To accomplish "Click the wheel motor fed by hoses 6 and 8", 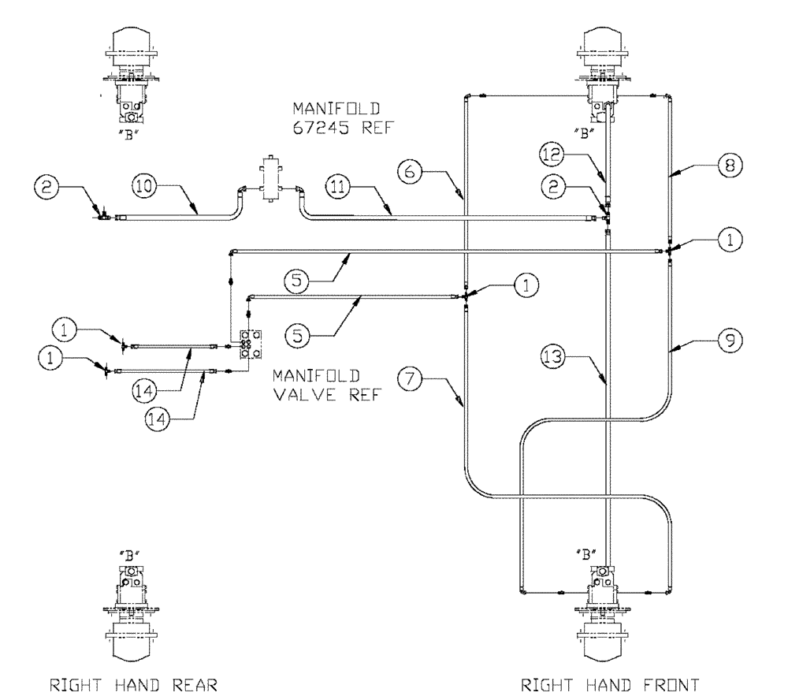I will pyautogui.click(x=604, y=75).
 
